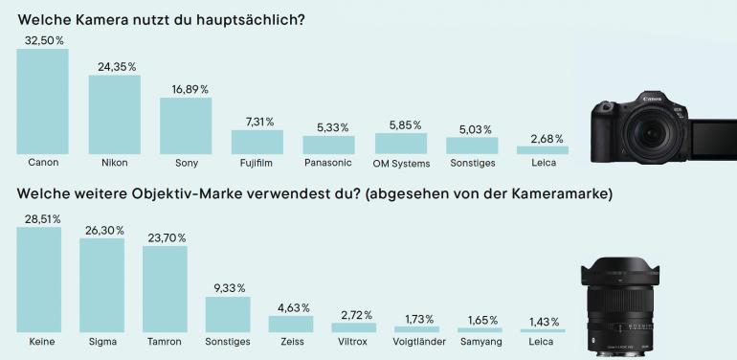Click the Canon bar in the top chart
tap(43, 101)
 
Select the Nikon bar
tap(114, 114)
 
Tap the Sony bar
tap(185, 125)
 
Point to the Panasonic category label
tap(328, 163)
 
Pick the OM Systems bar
tap(400, 144)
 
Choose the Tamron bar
tap(165, 288)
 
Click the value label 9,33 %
tap(228, 287)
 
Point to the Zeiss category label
tap(291, 341)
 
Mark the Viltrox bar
tap(354, 327)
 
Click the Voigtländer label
tap(417, 341)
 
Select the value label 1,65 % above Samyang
tap(480, 319)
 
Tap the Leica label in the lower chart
tap(543, 341)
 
